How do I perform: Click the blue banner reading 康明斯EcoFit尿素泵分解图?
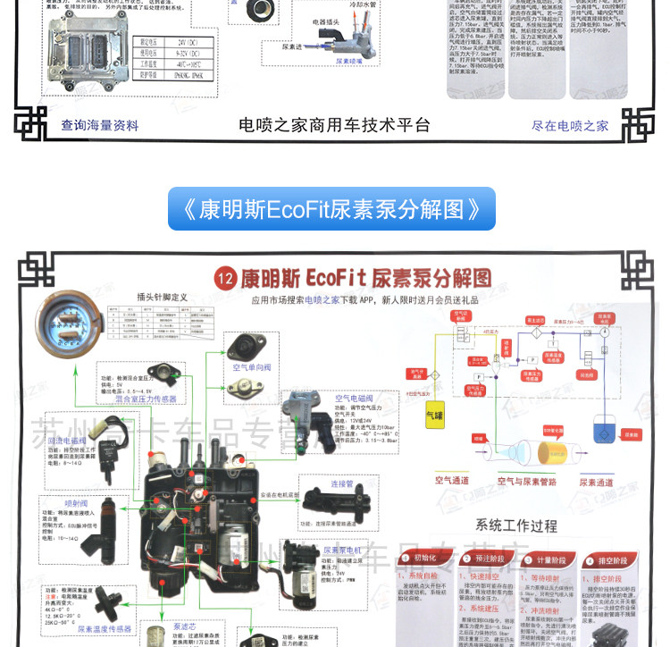click(331, 209)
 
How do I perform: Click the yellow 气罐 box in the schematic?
click(434, 416)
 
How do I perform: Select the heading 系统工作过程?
click(516, 525)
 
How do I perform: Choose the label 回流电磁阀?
click(67, 441)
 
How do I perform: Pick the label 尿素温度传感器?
click(106, 629)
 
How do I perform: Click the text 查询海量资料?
click(100, 126)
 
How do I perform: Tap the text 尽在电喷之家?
click(570, 126)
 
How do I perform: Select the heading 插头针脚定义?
click(161, 298)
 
